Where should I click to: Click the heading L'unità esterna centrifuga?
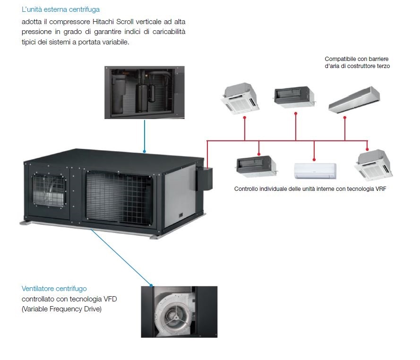tap(60, 9)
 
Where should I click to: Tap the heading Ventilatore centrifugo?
tap(54, 288)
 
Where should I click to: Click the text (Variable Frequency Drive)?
tap(61, 309)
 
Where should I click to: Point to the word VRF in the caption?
tap(377, 189)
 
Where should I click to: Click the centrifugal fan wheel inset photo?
tap(179, 312)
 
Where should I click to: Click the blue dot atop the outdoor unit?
tap(145, 152)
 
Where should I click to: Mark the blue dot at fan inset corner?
tap(151, 285)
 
